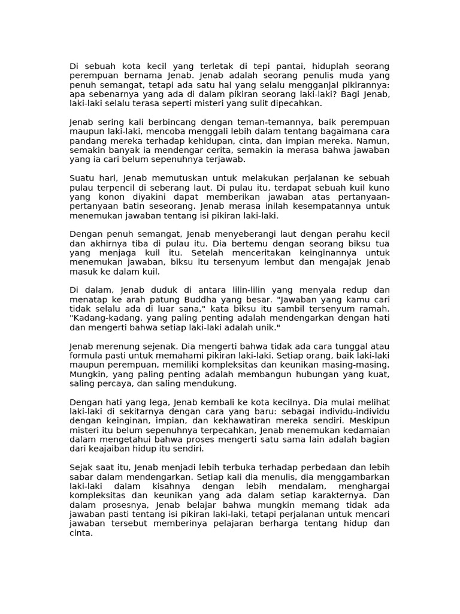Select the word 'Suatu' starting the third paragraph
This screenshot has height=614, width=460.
coord(83,179)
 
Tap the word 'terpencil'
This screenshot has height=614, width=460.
coord(122,188)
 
